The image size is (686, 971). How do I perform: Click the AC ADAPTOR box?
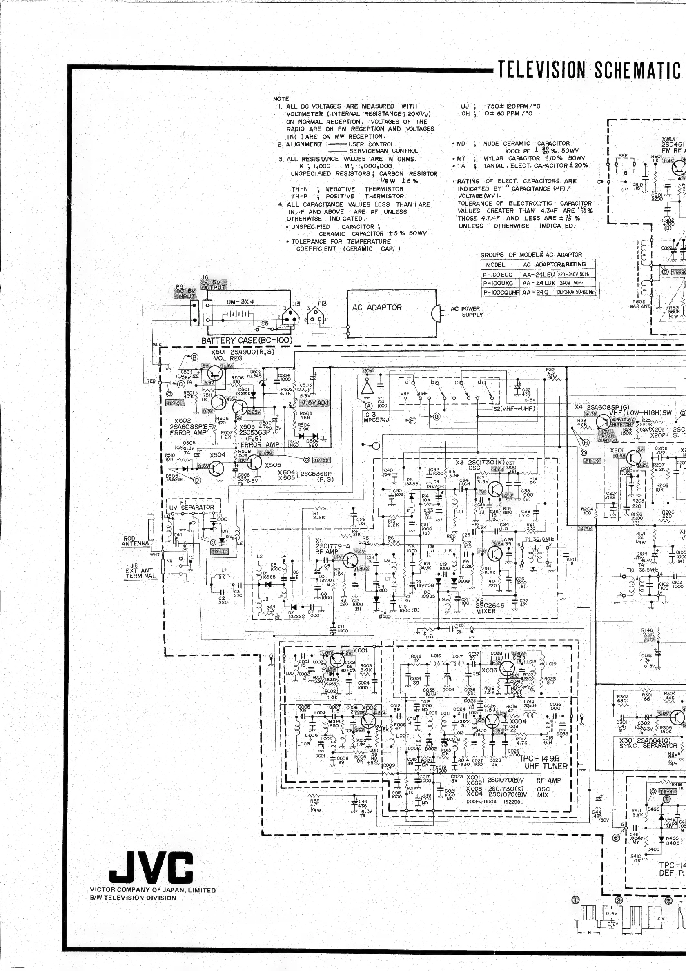point(392,313)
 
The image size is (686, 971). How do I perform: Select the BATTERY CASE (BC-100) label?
point(246,340)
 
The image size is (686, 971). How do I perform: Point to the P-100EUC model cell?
point(498,275)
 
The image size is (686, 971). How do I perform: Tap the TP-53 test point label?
point(322,460)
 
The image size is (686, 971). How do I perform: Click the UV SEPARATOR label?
point(192,508)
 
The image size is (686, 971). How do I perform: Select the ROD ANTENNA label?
point(136,541)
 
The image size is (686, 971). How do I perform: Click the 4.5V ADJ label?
point(314,402)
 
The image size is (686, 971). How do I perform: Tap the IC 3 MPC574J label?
point(376,418)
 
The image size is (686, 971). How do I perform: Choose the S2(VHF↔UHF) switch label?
point(514,408)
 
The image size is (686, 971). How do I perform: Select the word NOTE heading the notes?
point(281,99)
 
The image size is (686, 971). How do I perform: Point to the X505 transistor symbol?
point(254,463)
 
